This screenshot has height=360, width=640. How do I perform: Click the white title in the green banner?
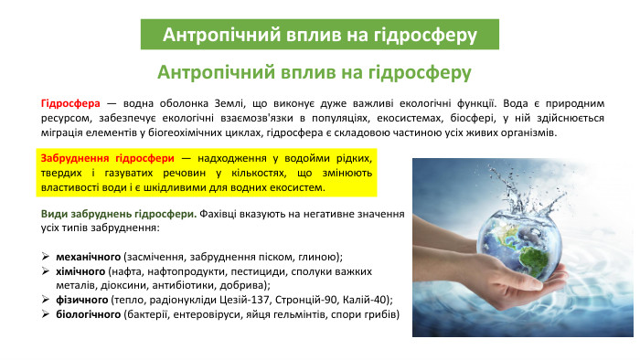[x=319, y=35]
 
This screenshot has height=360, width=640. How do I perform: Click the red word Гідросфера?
[x=70, y=102]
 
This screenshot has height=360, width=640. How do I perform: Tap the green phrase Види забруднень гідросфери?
[x=113, y=212]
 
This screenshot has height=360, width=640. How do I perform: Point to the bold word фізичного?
[x=82, y=299]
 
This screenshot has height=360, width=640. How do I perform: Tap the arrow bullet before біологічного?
[x=46, y=313]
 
